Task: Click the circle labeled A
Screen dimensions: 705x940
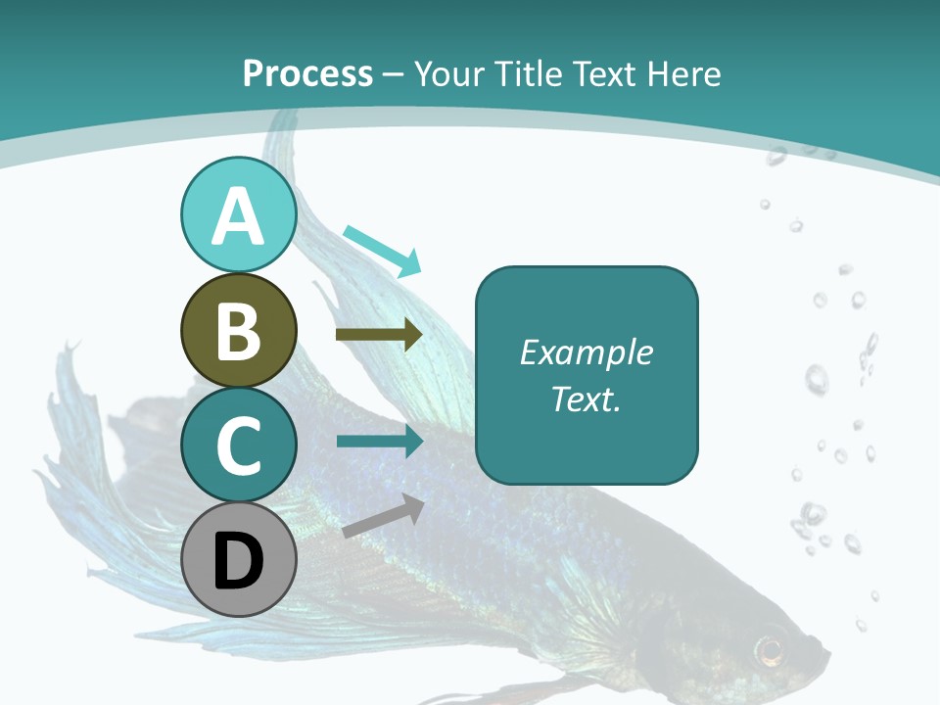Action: click(238, 214)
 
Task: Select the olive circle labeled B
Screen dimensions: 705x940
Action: click(238, 330)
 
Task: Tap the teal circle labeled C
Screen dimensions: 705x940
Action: click(238, 445)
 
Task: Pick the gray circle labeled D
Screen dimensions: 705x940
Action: click(238, 559)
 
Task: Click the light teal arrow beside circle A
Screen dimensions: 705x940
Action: click(383, 250)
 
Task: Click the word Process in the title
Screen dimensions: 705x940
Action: click(307, 73)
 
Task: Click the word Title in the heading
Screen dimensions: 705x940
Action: click(529, 73)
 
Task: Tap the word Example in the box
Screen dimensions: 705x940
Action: click(586, 352)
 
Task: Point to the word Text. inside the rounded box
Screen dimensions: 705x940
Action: click(586, 399)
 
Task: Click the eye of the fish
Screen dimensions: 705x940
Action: click(771, 649)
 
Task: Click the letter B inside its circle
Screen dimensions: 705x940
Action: click(238, 330)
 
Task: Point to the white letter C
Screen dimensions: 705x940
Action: click(238, 446)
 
